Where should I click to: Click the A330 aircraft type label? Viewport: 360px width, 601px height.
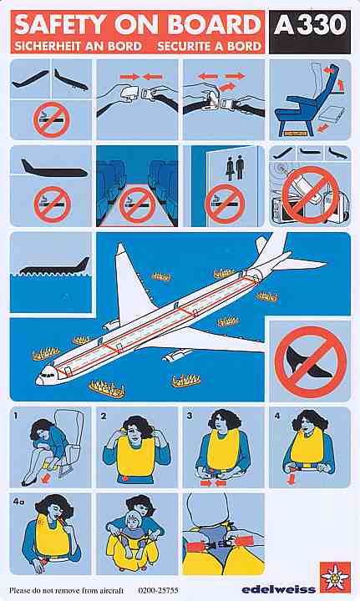[x=310, y=26]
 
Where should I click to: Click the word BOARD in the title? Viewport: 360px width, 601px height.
[x=215, y=25]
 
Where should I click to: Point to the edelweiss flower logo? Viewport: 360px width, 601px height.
[x=335, y=577]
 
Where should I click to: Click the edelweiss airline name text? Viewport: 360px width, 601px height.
[x=279, y=588]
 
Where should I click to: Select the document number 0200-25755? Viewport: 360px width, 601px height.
[x=158, y=590]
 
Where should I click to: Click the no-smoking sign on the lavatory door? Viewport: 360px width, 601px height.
[x=224, y=205]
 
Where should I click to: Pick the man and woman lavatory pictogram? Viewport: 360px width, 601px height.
[x=235, y=167]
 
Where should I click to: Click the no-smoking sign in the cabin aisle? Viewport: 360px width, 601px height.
[x=137, y=205]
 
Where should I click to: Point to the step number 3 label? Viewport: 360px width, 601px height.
[x=190, y=416]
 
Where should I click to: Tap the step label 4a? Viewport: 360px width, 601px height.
[x=18, y=502]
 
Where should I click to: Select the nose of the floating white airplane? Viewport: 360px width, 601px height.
[x=38, y=380]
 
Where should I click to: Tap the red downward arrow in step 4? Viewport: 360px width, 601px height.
[x=292, y=479]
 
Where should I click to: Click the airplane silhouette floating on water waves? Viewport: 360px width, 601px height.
[x=54, y=266]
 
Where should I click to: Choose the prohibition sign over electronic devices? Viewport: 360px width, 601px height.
[x=310, y=194]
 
